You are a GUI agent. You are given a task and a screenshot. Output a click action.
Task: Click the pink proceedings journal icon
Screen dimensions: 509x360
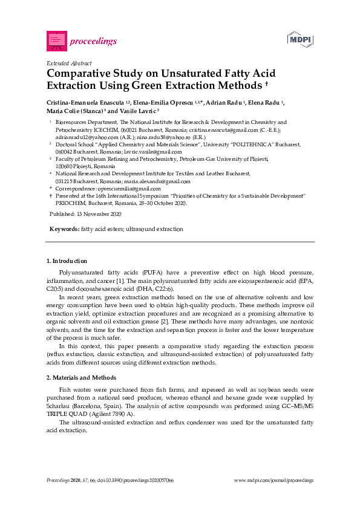[56, 41]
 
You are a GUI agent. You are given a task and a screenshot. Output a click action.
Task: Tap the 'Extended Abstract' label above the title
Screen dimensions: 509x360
[69, 63]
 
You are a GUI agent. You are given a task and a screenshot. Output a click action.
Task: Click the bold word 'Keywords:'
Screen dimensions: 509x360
[64, 230]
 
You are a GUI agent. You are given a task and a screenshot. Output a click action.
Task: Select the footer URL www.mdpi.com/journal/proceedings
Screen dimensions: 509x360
[273, 480]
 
